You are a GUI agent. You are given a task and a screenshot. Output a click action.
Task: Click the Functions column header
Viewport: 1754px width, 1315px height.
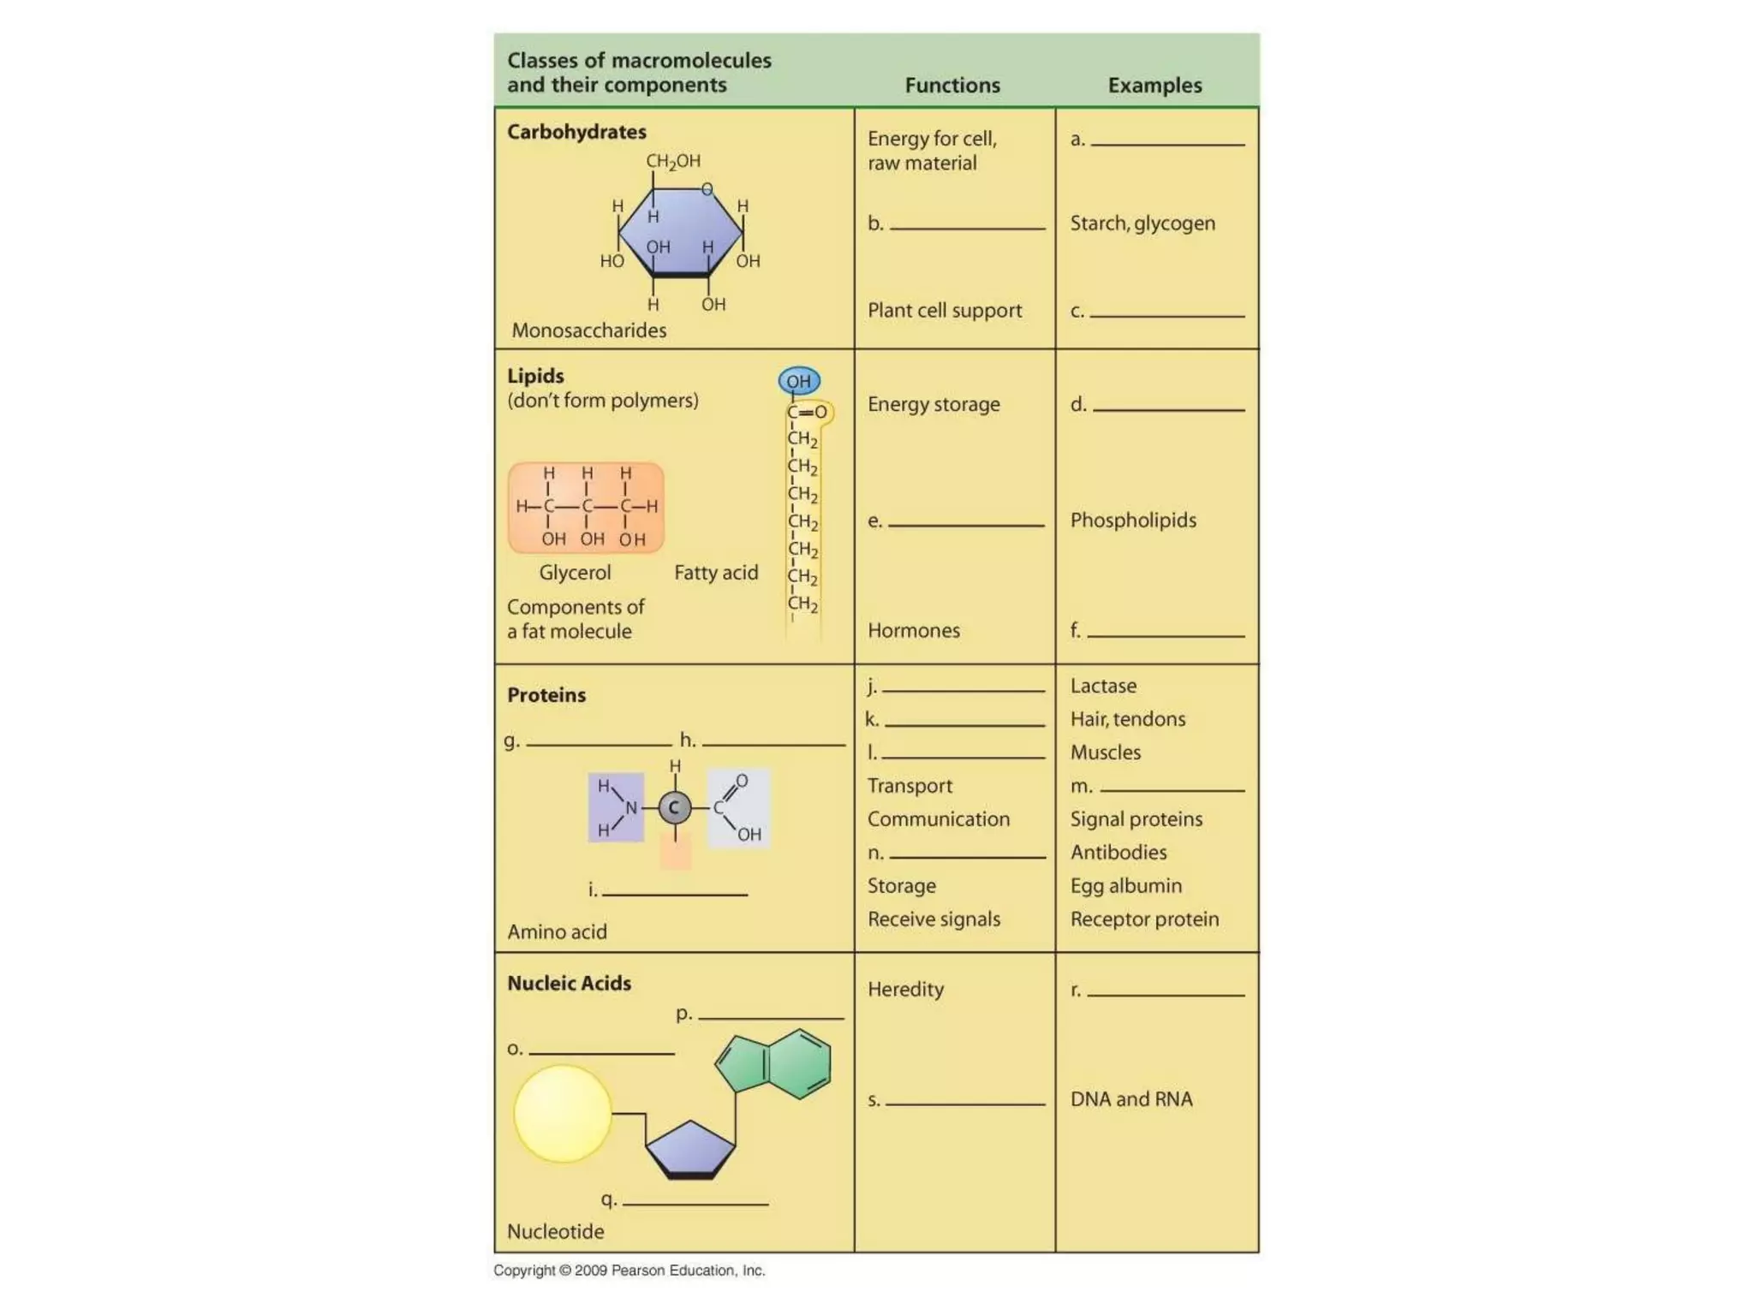pyautogui.click(x=952, y=86)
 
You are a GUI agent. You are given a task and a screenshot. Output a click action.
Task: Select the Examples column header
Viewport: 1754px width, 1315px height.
pyautogui.click(x=1154, y=86)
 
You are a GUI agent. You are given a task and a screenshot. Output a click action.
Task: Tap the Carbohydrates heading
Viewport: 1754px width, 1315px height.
pyautogui.click(x=576, y=132)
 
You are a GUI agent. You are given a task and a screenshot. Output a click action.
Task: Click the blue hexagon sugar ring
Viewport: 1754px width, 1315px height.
pyautogui.click(x=681, y=231)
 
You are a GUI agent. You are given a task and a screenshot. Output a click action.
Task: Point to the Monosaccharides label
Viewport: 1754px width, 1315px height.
pyautogui.click(x=588, y=330)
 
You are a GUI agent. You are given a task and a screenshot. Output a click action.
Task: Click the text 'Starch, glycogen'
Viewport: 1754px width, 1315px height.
pyautogui.click(x=1142, y=223)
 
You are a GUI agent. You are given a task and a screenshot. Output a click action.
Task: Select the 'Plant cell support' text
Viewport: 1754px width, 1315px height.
pyautogui.click(x=945, y=310)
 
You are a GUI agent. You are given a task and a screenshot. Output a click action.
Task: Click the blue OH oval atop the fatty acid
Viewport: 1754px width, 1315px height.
pyautogui.click(x=799, y=381)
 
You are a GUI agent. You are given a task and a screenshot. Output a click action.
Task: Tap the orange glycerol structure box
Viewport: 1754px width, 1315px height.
pyautogui.click(x=586, y=508)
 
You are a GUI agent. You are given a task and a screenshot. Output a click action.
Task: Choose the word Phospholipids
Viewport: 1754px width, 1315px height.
pyautogui.click(x=1133, y=521)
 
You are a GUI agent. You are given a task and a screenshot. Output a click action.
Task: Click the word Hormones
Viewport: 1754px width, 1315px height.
pyautogui.click(x=914, y=631)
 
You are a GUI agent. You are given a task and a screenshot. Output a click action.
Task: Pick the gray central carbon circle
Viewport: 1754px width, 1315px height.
pyautogui.click(x=675, y=807)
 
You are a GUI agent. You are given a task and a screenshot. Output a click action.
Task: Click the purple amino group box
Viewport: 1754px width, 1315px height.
pyautogui.click(x=616, y=807)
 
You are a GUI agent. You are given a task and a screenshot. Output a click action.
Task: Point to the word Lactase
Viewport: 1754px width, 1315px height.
pyautogui.click(x=1103, y=686)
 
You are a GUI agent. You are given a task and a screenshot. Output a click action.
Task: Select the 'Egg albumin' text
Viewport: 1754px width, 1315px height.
pyautogui.click(x=1125, y=886)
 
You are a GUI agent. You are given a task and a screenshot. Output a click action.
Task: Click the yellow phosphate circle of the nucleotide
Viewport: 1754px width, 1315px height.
pyautogui.click(x=563, y=1113)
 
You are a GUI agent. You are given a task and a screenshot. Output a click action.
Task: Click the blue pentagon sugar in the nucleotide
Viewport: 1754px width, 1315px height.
pyautogui.click(x=690, y=1147)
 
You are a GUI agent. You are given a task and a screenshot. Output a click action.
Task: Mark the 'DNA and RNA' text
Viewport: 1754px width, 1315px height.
pyautogui.click(x=1131, y=1099)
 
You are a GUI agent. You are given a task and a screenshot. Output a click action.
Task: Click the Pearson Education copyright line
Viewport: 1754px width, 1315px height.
pyautogui.click(x=629, y=1270)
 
